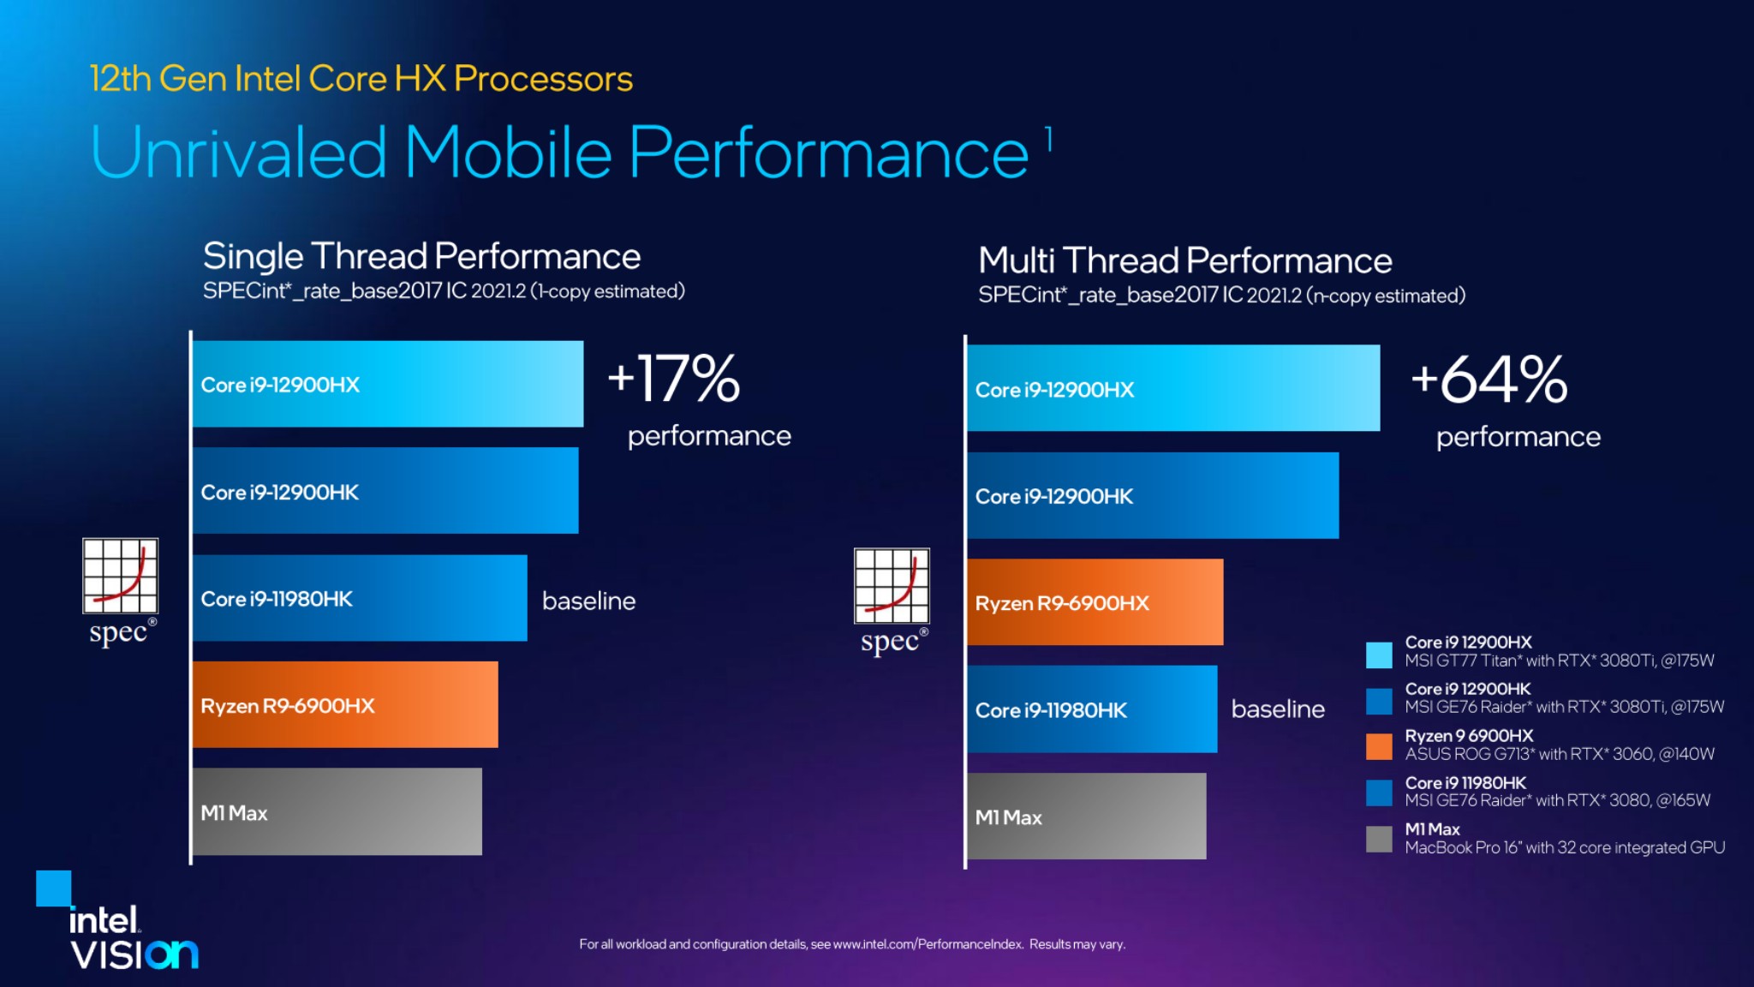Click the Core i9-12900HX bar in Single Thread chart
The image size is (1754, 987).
tap(387, 384)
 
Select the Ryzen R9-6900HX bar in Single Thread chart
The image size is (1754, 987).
tap(344, 704)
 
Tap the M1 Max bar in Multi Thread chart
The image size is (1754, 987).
tap(1086, 816)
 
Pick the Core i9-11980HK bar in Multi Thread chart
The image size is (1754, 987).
tap(1091, 709)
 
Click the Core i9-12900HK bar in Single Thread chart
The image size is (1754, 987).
tap(385, 491)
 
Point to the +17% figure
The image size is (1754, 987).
tap(674, 379)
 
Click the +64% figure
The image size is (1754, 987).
tap(1489, 380)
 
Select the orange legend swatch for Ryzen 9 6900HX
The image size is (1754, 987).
tap(1379, 745)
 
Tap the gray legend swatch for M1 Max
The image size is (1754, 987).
tap(1379, 839)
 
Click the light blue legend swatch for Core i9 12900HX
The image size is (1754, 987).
tap(1379, 655)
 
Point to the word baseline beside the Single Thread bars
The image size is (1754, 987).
tap(589, 601)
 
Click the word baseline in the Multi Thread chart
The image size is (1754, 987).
tap(1278, 709)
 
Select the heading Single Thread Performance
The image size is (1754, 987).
tap(421, 256)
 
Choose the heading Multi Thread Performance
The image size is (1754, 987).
tap(1184, 260)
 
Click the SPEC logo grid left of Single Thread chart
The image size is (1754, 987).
tap(120, 575)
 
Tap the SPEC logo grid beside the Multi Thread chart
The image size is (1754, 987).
tap(892, 585)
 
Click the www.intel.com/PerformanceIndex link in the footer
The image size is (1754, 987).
tap(928, 944)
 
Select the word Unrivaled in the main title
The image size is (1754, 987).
tap(239, 153)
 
